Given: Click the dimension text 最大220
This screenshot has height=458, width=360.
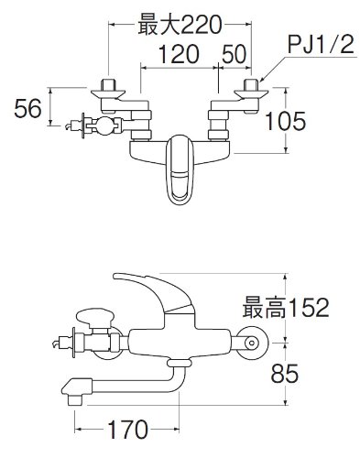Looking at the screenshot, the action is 180,25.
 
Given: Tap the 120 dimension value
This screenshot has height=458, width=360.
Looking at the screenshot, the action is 179,54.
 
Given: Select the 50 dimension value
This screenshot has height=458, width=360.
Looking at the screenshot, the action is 234,54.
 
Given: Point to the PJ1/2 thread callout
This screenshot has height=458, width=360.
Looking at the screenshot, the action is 321,45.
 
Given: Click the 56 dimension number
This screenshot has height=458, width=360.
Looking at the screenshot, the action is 27,108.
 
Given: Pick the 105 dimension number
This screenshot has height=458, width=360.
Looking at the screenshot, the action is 285,121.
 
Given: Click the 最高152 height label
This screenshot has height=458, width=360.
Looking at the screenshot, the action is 286,307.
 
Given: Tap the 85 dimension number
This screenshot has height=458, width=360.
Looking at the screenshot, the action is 285,374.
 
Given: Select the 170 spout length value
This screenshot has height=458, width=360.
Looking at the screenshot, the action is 128,430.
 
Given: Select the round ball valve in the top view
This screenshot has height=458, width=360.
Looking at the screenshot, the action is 105,125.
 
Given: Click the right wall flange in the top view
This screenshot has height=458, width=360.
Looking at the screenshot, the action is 251,93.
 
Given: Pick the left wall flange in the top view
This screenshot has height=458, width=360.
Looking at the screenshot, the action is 108,93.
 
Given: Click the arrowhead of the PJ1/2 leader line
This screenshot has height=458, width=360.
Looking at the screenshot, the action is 260,80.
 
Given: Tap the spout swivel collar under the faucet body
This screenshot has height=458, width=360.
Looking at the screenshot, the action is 180,363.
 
